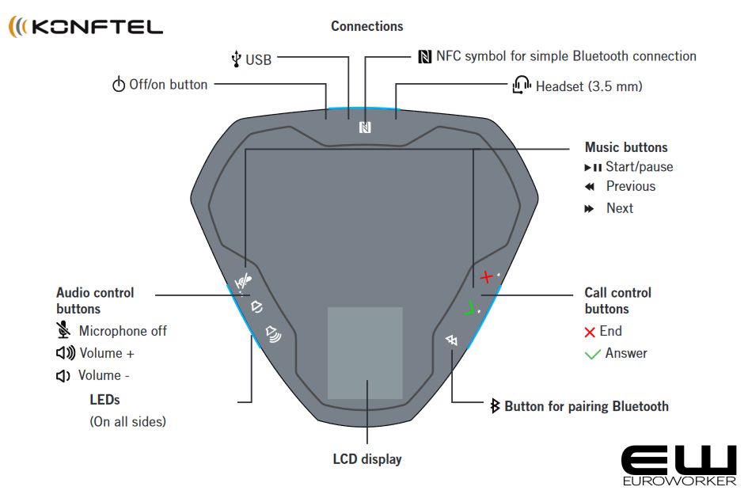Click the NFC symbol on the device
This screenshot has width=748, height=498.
(365, 127)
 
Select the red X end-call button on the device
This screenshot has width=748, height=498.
(487, 276)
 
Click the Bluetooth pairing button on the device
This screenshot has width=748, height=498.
(452, 340)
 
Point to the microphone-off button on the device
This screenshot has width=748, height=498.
(247, 279)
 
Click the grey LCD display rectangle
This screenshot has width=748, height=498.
(365, 352)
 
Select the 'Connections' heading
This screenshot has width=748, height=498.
(366, 26)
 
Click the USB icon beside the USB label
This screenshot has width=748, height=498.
(235, 59)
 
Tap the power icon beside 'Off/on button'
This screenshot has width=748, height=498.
(119, 85)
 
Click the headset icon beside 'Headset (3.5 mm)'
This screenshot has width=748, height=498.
(522, 86)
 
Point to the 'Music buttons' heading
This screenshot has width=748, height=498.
(625, 147)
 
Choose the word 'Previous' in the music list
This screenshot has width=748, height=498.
(630, 186)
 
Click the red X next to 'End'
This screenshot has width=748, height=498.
(590, 332)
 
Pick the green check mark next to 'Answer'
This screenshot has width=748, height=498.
(592, 354)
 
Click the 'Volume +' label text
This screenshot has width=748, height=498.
(106, 353)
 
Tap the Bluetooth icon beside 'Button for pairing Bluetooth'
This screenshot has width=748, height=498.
(496, 406)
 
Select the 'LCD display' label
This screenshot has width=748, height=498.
(366, 459)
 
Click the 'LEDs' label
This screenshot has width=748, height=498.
(104, 400)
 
